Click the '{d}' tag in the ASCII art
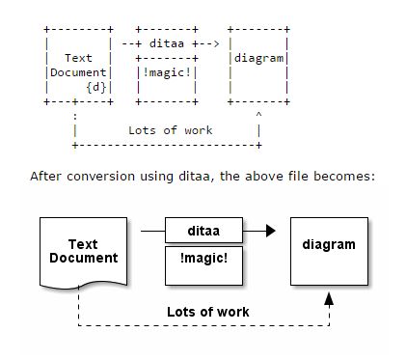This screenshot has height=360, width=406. click(x=96, y=86)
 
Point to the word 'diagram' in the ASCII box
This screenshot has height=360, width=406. click(x=258, y=58)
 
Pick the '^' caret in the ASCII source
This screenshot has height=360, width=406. click(x=258, y=114)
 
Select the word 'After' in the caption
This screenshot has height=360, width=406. click(x=48, y=177)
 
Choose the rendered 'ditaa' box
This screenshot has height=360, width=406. click(x=203, y=232)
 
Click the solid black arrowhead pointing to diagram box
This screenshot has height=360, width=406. click(x=271, y=232)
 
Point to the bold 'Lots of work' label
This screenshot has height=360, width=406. click(x=207, y=312)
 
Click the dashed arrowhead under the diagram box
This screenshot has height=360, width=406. click(x=328, y=300)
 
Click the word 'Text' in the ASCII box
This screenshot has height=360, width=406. click(x=79, y=58)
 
